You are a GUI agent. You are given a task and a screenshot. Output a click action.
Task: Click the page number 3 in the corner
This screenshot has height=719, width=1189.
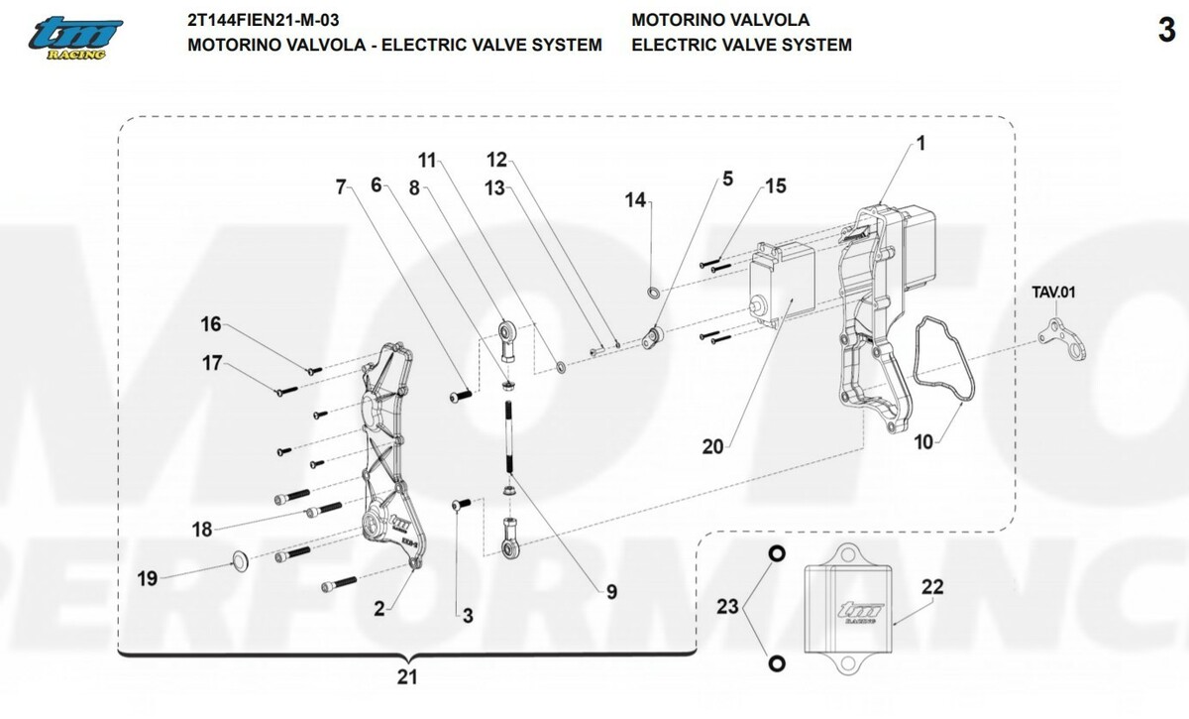pyautogui.click(x=1165, y=31)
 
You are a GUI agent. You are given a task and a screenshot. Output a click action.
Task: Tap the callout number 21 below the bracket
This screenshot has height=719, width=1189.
pyautogui.click(x=406, y=678)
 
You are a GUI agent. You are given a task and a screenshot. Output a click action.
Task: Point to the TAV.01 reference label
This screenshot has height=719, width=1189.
pyautogui.click(x=1054, y=293)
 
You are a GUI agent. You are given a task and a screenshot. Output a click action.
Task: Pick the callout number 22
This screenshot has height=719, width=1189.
pyautogui.click(x=932, y=586)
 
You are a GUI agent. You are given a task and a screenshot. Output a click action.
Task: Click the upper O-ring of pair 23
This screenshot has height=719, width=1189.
pyautogui.click(x=777, y=552)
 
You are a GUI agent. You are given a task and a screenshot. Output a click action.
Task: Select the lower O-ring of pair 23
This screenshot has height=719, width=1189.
pyautogui.click(x=777, y=661)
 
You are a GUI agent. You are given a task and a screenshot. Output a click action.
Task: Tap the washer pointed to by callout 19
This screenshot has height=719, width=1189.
pyautogui.click(x=240, y=561)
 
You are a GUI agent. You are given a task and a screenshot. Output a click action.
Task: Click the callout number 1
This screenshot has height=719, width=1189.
pyautogui.click(x=919, y=143)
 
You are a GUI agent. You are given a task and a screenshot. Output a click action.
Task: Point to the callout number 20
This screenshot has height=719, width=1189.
pyautogui.click(x=713, y=447)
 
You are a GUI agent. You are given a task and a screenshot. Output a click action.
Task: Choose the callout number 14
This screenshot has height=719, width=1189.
pyautogui.click(x=634, y=200)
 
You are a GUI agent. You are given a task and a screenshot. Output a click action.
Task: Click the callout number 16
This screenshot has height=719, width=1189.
pyautogui.click(x=211, y=324)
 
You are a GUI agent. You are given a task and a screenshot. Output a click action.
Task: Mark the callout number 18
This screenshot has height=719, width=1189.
pyautogui.click(x=202, y=530)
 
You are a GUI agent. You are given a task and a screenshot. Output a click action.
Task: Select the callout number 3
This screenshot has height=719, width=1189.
pyautogui.click(x=468, y=615)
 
